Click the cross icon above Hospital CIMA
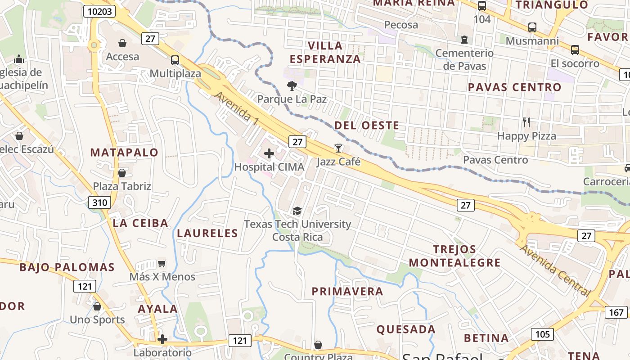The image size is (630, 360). tap(269, 153)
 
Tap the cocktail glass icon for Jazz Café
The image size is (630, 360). tap(338, 148)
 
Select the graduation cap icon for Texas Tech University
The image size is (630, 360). tap(297, 211)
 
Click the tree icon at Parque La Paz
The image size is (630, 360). tap(292, 85)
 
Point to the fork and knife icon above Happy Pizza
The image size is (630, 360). tap(526, 122)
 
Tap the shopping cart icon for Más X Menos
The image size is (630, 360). tap(162, 263)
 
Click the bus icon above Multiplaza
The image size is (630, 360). tap(175, 60)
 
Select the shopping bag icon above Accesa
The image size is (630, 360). tap(122, 43)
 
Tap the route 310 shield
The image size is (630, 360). tap(99, 202)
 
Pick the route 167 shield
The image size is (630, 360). tap(616, 312)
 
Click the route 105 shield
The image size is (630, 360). tap(542, 334)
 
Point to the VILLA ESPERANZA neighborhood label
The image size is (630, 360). tap(325, 52)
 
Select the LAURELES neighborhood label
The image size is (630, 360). tap(207, 233)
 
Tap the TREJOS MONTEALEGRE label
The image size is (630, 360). tap(454, 256)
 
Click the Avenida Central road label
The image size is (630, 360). tap(555, 270)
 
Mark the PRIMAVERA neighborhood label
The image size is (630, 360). tap(347, 292)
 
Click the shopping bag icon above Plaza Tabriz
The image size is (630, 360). tap(122, 173)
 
